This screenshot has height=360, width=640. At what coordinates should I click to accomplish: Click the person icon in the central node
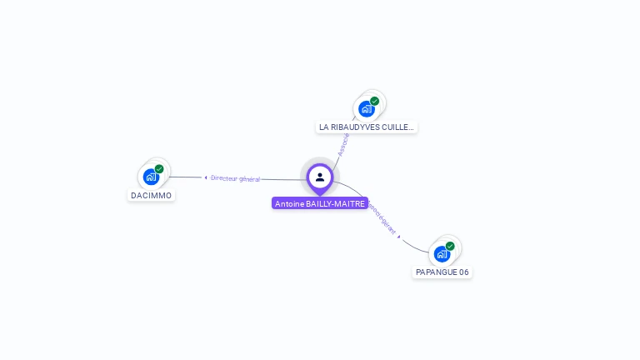click(320, 177)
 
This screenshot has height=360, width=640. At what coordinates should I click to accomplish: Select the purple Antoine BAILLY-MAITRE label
click(320, 203)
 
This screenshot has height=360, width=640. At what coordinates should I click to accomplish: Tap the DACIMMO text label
click(152, 196)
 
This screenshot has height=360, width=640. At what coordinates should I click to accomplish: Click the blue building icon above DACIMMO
click(151, 177)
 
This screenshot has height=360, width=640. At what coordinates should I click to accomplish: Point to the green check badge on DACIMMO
click(159, 169)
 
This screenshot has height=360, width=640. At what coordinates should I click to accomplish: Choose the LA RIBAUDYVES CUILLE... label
click(367, 127)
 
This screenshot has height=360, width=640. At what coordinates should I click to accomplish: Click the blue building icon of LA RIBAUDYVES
click(366, 108)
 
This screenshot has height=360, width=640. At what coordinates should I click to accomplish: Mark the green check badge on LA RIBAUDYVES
click(375, 101)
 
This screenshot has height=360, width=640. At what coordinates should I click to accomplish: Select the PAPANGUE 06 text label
click(442, 272)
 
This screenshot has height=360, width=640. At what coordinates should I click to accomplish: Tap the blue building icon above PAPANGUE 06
click(441, 253)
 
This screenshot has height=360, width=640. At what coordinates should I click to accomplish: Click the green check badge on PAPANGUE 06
click(450, 246)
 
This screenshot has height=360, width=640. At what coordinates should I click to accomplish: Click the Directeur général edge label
click(235, 178)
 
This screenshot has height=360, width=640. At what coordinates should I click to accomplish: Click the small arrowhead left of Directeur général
click(205, 177)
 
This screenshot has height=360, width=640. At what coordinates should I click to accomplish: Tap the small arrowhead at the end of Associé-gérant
click(399, 237)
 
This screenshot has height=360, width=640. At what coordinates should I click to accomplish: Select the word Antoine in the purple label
click(289, 203)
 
